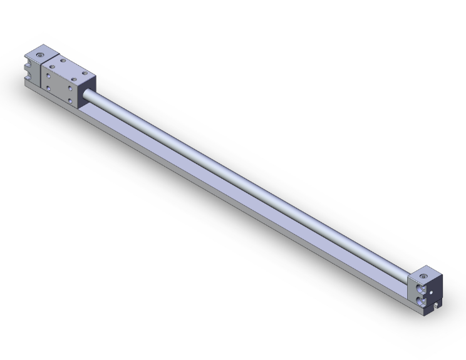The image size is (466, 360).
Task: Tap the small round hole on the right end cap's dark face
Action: click(x=432, y=292)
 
